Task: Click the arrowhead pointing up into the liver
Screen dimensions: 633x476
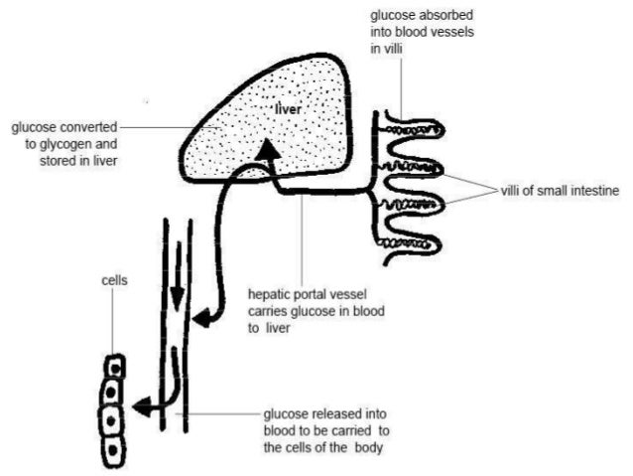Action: click(266, 150)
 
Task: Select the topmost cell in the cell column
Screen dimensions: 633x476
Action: click(116, 366)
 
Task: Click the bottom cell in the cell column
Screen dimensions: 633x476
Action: click(114, 450)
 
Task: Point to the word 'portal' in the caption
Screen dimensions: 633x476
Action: click(318, 294)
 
